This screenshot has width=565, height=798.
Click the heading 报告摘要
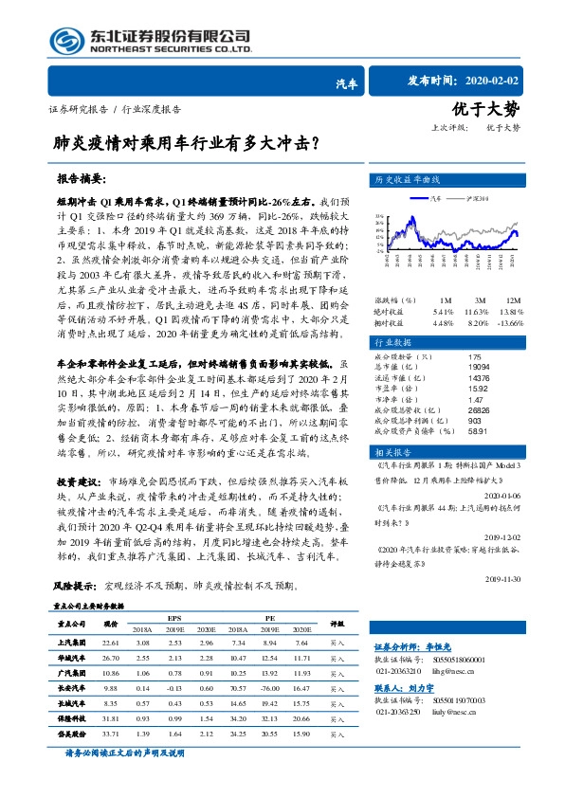[x=81, y=178]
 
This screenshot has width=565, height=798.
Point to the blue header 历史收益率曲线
[x=408, y=179]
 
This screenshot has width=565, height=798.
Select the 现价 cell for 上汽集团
[x=110, y=644]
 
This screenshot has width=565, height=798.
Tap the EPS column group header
[x=175, y=617]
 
